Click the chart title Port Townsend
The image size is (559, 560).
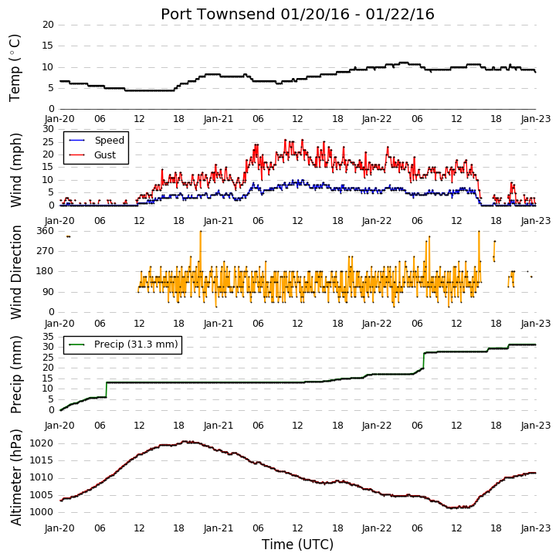[x=218, y=14]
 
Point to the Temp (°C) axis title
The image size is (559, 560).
[x=15, y=68]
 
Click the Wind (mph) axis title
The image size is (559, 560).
[x=15, y=170]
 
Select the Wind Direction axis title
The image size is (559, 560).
[x=15, y=272]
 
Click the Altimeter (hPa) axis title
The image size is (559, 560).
[x=15, y=477]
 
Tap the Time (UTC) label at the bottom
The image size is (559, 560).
[x=298, y=545]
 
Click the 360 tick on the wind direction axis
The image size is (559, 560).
[x=46, y=231]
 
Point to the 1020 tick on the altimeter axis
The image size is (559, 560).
[x=41, y=443]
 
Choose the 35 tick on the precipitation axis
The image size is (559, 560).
[x=48, y=337]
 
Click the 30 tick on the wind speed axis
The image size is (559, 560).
[x=48, y=129]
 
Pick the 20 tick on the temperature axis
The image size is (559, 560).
[x=48, y=25]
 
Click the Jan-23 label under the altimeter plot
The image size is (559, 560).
[x=535, y=528]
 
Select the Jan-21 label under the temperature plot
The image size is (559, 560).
[x=219, y=119]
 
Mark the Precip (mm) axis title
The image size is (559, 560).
[x=15, y=375]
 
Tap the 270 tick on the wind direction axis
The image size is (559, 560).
[x=46, y=251]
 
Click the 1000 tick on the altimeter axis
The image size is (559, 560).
[x=41, y=512]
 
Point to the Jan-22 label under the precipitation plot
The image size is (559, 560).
[x=377, y=426]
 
